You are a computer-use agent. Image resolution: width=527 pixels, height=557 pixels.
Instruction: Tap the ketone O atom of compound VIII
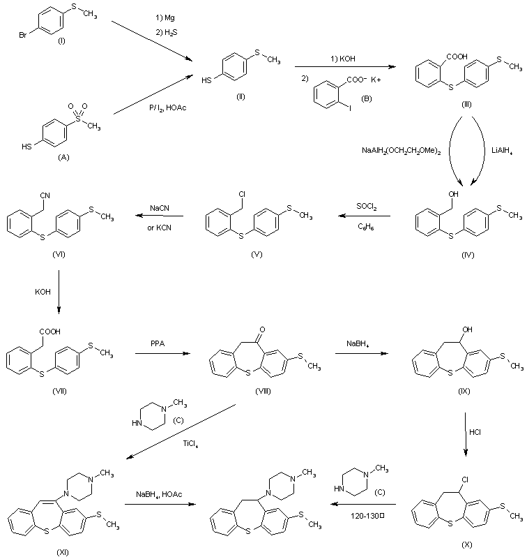[x=259, y=327]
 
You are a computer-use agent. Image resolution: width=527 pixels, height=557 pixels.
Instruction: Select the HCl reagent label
[x=475, y=432]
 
